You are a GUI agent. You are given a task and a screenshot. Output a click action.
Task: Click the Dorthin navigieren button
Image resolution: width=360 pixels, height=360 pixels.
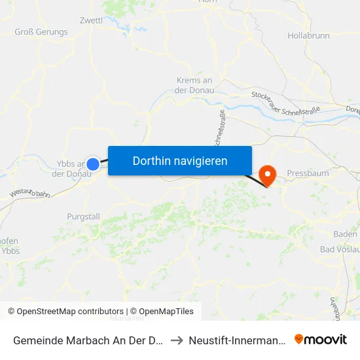coord(180,160)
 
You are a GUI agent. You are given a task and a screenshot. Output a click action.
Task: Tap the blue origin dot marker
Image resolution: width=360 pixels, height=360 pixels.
coord(94,164)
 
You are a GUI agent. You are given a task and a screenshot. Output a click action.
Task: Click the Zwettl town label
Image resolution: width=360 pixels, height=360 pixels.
coord(91,20)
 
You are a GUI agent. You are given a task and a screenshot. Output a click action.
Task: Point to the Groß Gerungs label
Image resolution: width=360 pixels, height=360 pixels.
coord(41,31)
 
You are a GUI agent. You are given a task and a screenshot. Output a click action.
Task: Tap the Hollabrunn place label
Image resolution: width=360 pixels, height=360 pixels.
coord(308,35)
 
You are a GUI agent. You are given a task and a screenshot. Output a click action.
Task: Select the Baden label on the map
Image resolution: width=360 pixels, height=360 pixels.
coord(345,234)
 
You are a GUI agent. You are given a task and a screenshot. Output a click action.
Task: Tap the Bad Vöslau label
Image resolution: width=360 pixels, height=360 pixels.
coord(338,249)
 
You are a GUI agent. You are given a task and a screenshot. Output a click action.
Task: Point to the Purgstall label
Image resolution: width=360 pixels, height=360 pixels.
coord(84,217)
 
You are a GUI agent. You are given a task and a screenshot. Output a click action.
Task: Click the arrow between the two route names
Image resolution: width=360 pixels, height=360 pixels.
coord(176,340)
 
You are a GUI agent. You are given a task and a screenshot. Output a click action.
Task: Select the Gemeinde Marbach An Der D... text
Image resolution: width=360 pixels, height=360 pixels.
coord(89,340)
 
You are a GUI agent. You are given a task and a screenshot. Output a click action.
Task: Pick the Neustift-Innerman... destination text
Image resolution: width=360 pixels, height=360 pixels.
coord(236,340)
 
